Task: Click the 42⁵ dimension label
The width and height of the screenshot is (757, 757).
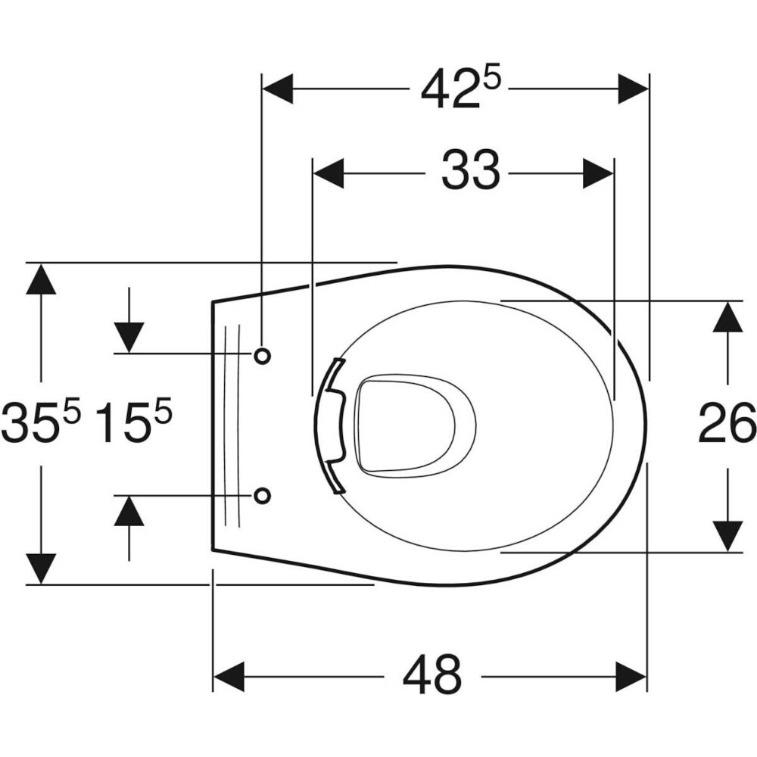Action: pyautogui.click(x=459, y=89)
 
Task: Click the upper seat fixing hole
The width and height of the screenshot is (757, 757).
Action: pyautogui.click(x=262, y=356)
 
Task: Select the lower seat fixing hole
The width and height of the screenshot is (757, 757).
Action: pyautogui.click(x=262, y=495)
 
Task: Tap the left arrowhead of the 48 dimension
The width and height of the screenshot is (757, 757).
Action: pyautogui.click(x=229, y=677)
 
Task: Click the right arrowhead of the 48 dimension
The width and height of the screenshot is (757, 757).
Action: pyautogui.click(x=631, y=677)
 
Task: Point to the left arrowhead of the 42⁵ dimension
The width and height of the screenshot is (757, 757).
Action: pyautogui.click(x=278, y=89)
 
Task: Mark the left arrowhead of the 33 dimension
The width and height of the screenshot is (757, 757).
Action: pyautogui.click(x=329, y=173)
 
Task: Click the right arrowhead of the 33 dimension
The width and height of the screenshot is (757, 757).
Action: pyautogui.click(x=598, y=173)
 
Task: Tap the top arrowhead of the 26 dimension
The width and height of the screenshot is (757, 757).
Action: pyautogui.click(x=727, y=316)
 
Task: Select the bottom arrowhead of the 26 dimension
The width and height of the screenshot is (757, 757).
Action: pyautogui.click(x=727, y=537)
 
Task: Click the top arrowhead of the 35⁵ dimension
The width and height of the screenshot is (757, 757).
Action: pyautogui.click(x=41, y=279)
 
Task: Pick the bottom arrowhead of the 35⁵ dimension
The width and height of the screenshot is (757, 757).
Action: pyautogui.click(x=41, y=569)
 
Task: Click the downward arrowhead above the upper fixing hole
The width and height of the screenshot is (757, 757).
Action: pyautogui.click(x=129, y=338)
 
